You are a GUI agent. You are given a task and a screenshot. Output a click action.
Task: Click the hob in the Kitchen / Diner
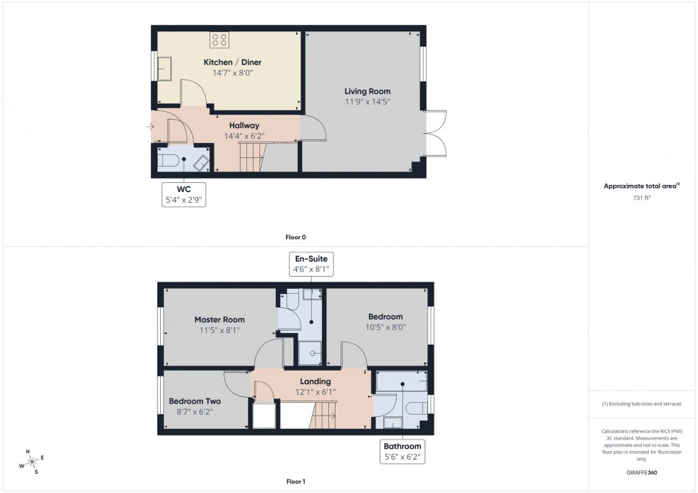pyautogui.click(x=219, y=40)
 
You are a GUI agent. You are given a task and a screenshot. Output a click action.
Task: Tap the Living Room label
pyautogui.click(x=368, y=91)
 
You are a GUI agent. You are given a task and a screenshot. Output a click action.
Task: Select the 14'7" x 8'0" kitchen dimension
pyautogui.click(x=228, y=73)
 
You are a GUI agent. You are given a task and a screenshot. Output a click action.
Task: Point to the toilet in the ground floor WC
pyautogui.click(x=167, y=161)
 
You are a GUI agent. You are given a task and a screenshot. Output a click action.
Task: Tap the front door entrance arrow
pyautogui.click(x=150, y=127)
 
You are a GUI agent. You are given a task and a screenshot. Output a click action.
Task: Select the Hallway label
pyautogui.click(x=244, y=125)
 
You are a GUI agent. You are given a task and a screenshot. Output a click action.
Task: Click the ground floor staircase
pyautogui.click(x=251, y=157)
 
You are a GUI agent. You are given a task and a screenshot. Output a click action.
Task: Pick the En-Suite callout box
pyautogui.click(x=311, y=263)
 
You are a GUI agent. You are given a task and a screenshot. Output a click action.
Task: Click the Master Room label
pyautogui.click(x=219, y=319)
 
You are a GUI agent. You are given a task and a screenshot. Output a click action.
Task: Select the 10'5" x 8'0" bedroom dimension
pyautogui.click(x=385, y=327)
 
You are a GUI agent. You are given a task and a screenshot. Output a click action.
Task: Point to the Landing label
pyautogui.click(x=315, y=382)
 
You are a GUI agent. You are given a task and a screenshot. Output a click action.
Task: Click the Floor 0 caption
pyautogui.click(x=296, y=237)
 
